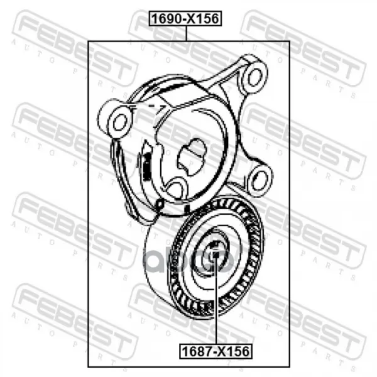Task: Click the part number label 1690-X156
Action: coord(185,18)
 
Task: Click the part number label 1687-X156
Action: coord(216,351)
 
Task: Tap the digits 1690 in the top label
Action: coord(167,18)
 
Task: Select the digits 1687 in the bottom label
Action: coord(198,351)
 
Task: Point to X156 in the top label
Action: coord(204,18)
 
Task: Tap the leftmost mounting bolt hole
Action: coord(119,122)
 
